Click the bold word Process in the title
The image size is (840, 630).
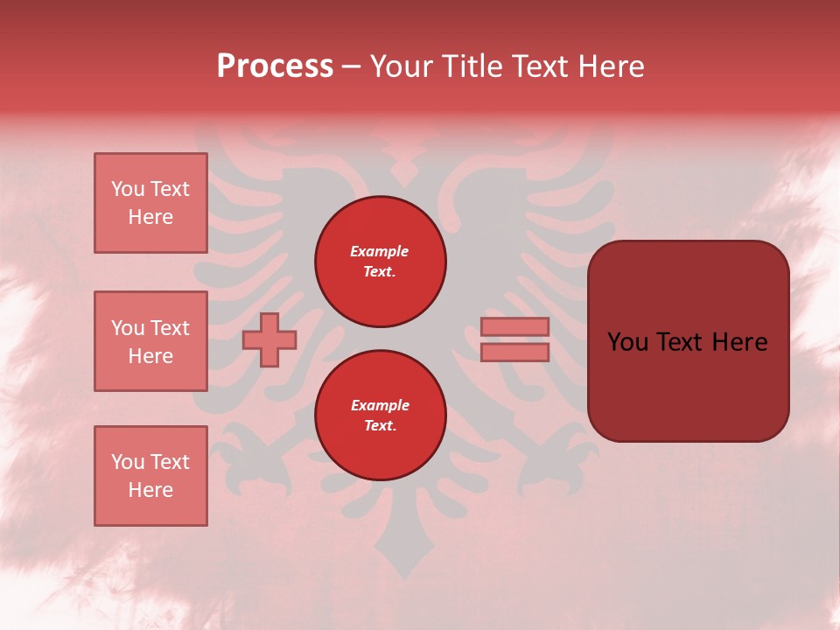point(275,66)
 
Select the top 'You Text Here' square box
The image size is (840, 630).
point(150,203)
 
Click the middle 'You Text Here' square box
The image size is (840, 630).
point(150,341)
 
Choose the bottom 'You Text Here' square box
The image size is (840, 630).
point(150,476)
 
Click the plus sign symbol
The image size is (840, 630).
point(269,340)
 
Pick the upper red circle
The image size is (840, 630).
point(381,262)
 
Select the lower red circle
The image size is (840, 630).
point(381,416)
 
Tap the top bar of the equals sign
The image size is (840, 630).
point(514,327)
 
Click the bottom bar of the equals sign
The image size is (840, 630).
point(514,353)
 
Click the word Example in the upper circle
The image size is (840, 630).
point(380,252)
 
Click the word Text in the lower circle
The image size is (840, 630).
point(379,426)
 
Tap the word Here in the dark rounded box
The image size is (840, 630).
point(739,342)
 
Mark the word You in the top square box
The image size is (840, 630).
point(128,189)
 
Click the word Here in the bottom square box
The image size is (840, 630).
point(150,490)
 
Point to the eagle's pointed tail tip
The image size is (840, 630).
point(405,573)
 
